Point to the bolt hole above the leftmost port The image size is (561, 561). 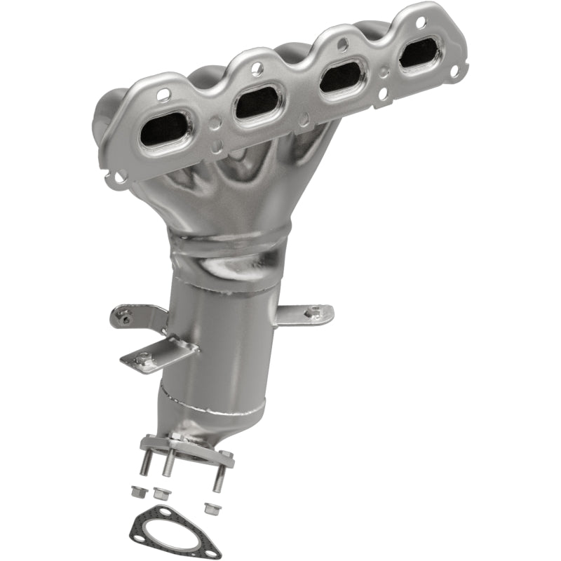click(163, 95)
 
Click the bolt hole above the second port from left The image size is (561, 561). click(256, 69)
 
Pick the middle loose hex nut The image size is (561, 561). click(161, 493)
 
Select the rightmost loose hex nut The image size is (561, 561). click(209, 506)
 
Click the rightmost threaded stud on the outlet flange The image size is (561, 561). click(219, 479)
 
